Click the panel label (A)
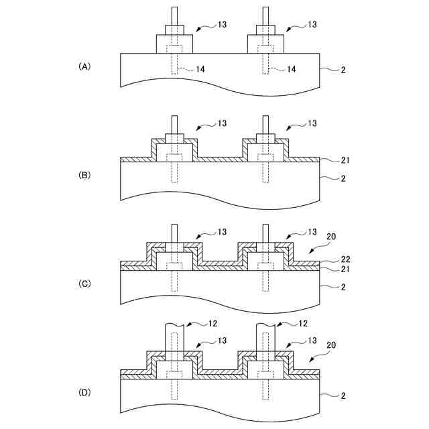pyautogui.click(x=84, y=66)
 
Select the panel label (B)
pyautogui.click(x=84, y=175)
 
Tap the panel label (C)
pyautogui.click(x=84, y=284)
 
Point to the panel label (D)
pyautogui.click(x=84, y=392)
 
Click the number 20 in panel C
pyautogui.click(x=331, y=237)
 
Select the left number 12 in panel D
pyautogui.click(x=212, y=324)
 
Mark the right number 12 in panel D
pyautogui.click(x=302, y=324)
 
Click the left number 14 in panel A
pyautogui.click(x=200, y=69)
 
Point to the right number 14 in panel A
pyautogui.click(x=292, y=69)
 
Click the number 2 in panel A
pyautogui.click(x=343, y=69)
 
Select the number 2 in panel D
pyautogui.click(x=343, y=396)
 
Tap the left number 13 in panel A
pyautogui.click(x=222, y=25)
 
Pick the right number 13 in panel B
pyautogui.click(x=312, y=124)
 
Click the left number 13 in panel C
pyautogui.click(x=222, y=232)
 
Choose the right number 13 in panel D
pyautogui.click(x=312, y=341)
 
